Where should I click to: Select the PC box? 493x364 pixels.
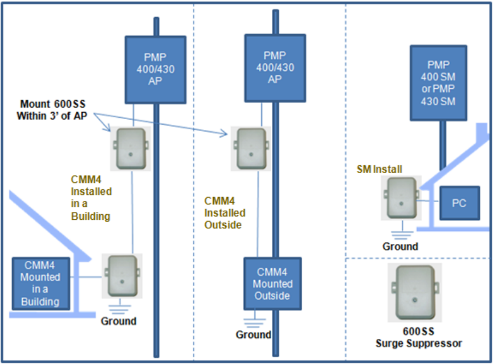(459, 203)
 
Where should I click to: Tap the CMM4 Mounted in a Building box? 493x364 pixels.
(40, 284)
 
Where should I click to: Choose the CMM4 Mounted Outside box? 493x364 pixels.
(272, 284)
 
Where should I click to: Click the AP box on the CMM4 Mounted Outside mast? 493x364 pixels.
(274, 67)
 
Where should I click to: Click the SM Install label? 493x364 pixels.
(380, 170)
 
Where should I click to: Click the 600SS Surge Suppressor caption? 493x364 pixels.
(418, 338)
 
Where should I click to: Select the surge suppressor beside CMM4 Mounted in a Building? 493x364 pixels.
(121, 276)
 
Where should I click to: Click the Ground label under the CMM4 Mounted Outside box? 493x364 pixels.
(254, 334)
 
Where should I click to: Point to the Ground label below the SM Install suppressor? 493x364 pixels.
(400, 247)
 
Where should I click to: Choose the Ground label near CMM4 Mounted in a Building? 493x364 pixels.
(119, 321)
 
